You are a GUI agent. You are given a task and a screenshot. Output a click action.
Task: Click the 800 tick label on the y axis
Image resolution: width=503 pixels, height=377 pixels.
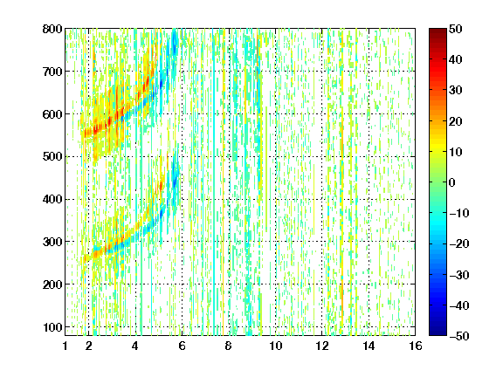[52, 29]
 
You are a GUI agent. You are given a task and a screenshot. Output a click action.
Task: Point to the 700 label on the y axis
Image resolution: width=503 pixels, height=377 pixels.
[52, 72]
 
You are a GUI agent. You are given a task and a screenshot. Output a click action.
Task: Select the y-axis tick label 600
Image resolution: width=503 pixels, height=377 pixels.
[52, 114]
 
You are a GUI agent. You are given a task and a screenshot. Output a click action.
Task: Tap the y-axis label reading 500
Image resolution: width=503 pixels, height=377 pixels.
[52, 157]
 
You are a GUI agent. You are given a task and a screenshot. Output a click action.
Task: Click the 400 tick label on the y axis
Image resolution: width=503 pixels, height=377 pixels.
[52, 200]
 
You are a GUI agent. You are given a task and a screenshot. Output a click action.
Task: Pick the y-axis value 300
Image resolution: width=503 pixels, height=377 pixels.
[52, 242]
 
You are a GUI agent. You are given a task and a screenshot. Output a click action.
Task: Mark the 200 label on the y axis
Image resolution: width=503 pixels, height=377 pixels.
[52, 284]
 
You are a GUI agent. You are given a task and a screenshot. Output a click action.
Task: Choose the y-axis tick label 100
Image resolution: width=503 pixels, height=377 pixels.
[52, 327]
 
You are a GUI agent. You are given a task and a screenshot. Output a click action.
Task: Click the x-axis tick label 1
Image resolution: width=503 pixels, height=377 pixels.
[65, 346]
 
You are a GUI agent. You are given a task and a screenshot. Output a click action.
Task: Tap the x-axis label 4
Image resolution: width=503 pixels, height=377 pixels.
[135, 346]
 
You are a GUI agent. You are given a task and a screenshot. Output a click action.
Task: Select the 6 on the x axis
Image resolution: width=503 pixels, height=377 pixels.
[182, 346]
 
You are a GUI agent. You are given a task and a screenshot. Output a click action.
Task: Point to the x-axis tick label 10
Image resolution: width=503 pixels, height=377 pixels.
[276, 346]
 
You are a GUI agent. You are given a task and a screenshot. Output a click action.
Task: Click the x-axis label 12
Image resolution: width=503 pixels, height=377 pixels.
[322, 346]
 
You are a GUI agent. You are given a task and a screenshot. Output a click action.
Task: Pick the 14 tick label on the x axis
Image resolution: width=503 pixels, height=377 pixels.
[369, 346]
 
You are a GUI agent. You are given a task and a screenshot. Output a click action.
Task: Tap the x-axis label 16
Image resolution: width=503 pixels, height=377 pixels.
[416, 346]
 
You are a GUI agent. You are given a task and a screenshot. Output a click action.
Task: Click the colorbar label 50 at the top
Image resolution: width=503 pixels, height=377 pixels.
[456, 29]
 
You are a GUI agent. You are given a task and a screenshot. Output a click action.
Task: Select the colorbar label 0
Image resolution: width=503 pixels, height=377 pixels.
[452, 182]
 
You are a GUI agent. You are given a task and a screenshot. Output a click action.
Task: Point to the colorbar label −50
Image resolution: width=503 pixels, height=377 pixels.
[459, 336]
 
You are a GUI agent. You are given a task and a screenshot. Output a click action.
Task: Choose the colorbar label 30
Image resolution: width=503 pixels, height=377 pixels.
[456, 91]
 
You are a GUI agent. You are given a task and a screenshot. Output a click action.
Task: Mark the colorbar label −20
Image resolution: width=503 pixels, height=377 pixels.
[459, 244]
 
